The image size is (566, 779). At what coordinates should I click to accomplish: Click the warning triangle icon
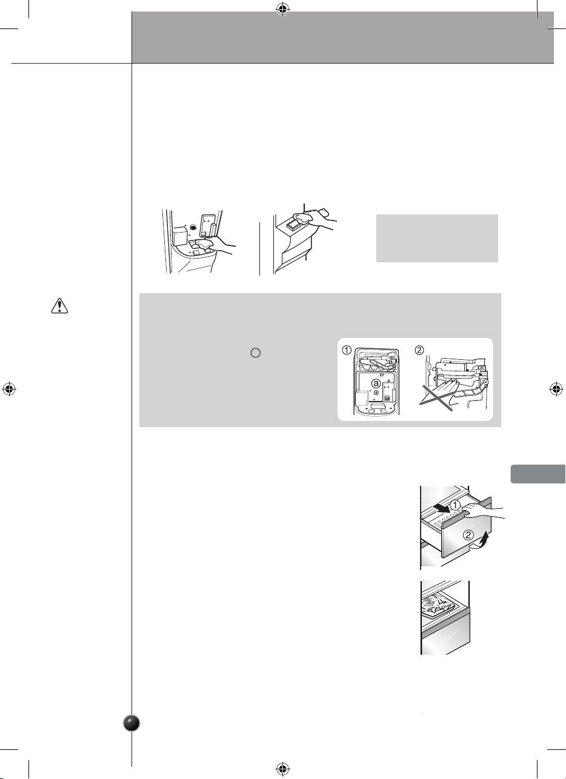point(59,306)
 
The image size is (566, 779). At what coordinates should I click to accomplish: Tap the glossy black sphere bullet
point(132,723)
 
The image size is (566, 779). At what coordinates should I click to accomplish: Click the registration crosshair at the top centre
point(283,10)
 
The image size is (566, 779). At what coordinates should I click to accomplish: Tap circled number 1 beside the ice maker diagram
point(347,350)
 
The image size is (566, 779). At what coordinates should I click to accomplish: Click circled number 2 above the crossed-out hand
point(419,350)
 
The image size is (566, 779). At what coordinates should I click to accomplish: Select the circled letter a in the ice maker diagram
point(376,383)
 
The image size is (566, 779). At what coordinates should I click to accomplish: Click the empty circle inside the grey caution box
point(256,353)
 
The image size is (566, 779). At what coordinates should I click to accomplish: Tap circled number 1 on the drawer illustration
point(455,505)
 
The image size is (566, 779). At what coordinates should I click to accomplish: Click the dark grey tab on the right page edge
point(538,474)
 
